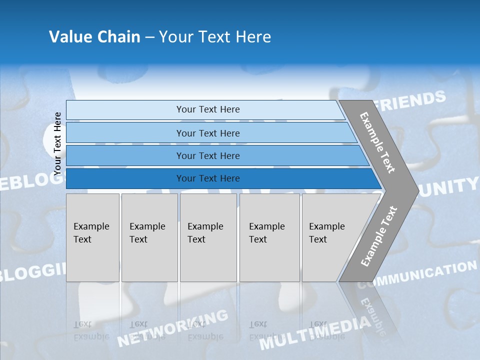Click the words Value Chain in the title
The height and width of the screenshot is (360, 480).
click(94, 37)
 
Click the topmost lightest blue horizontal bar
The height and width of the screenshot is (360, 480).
click(207, 109)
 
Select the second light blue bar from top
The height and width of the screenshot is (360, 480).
click(207, 133)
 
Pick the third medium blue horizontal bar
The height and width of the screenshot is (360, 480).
click(207, 156)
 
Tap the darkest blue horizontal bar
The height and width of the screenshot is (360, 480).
click(207, 178)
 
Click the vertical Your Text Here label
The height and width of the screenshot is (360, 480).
click(58, 143)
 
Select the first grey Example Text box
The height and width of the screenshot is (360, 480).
click(92, 237)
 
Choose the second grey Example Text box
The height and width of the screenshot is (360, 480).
click(149, 237)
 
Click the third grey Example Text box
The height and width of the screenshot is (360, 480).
click(208, 237)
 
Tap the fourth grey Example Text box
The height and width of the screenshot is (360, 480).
click(269, 237)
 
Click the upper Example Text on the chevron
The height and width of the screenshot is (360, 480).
click(378, 142)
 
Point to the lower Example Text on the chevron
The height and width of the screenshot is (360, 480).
click(378, 236)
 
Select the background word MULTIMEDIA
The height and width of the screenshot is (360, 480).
click(315, 332)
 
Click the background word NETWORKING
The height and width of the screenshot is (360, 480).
click(172, 328)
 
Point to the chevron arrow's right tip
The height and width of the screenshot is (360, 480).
click(417, 190)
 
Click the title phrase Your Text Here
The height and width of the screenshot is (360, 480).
click(215, 37)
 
